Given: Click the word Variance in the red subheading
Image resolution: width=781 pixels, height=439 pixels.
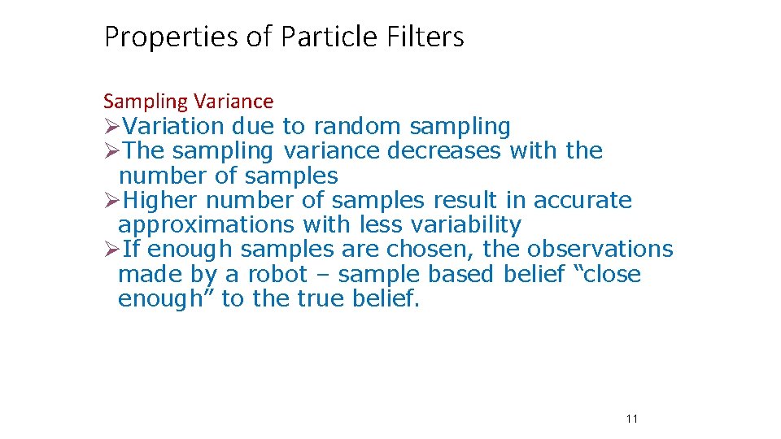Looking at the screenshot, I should pos(233,102).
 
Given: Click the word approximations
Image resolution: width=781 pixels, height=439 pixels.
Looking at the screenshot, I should pos(206,224).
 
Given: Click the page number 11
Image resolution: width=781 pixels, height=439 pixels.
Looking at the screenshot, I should pos(632,419).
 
